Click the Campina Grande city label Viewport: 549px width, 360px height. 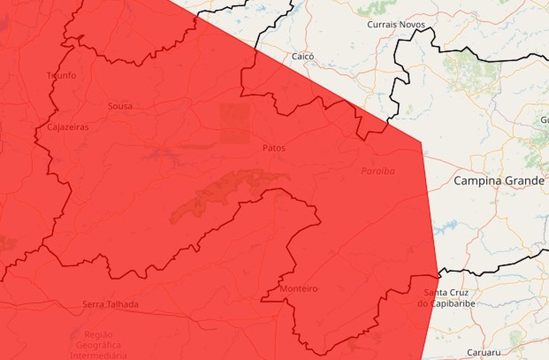tap(498, 181)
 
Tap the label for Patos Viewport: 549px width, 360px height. tap(273, 148)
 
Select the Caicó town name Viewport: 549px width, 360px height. tap(303, 56)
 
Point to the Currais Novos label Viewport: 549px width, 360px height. tap(396, 25)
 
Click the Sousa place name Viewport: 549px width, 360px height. tap(120, 105)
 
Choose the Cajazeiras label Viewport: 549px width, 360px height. tap(68, 127)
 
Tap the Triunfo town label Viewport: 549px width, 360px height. tap(61, 75)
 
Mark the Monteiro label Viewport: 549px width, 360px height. tap(298, 289)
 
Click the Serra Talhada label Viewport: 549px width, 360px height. tap(110, 304)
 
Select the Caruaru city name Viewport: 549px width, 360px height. tap(484, 353)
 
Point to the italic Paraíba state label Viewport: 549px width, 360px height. tap(378, 171)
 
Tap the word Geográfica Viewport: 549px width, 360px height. tap(98, 345)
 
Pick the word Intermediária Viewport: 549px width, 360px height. tap(98, 355)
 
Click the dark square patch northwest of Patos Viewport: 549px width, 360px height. tap(235, 123)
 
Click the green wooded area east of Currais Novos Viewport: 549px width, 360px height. tap(472, 67)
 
